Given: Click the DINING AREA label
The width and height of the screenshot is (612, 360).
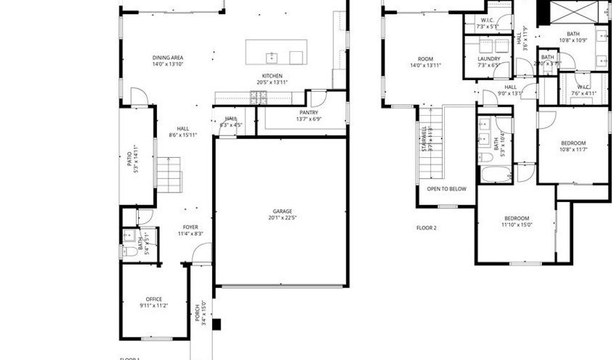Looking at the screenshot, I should pos(167,58).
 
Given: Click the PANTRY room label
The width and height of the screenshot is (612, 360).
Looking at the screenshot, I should pos(309,112).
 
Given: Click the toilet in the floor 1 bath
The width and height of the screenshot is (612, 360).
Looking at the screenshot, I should pos(129,251).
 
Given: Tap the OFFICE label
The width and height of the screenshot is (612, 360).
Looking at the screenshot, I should pos(154,299).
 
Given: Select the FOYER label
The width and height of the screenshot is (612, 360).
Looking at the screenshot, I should pos(190,227).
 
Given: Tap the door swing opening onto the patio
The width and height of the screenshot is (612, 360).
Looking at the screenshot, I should pos(139,97).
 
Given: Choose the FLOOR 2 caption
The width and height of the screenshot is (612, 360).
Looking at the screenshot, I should pos(426,227).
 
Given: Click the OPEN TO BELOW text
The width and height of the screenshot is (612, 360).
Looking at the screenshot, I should pos(446,189).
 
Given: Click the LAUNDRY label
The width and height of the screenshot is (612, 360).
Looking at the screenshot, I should pos(488,59).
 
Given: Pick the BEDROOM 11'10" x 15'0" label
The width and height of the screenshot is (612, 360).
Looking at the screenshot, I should pos(516,218).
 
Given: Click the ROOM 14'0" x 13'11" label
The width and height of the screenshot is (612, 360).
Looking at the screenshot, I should pos(426,59).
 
